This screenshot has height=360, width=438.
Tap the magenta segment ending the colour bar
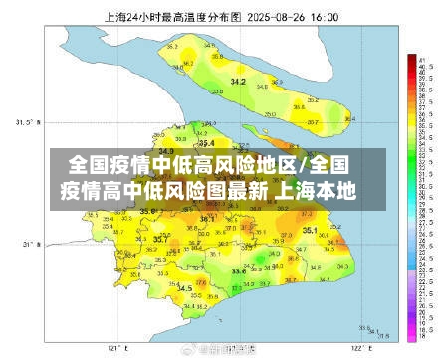pyautogui.click(x=411, y=338)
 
